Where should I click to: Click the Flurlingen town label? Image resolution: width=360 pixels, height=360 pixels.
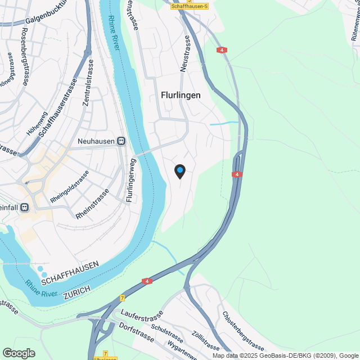point(181,95)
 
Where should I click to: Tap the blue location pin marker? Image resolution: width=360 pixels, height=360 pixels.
point(179,171)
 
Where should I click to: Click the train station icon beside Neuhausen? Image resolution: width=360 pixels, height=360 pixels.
point(121,141)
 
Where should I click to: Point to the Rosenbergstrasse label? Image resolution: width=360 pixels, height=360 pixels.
point(25,56)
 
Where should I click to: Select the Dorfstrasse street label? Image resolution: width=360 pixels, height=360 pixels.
point(135,330)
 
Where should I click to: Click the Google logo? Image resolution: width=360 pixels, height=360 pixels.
point(19,353)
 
